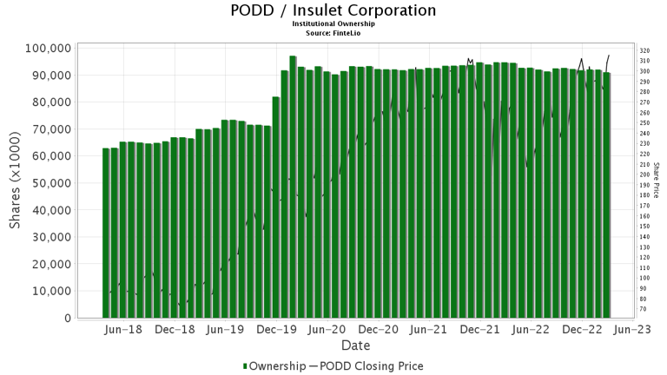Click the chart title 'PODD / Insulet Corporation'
333,10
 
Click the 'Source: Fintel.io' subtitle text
333,32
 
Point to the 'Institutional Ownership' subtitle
333,24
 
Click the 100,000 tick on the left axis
47,48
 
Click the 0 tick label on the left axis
67,319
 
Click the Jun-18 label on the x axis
123,330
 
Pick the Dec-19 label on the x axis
277,330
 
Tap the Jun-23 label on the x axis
634,330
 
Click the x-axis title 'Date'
356,345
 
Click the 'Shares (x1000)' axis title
16,183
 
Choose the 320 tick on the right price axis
645,51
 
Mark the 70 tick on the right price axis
644,309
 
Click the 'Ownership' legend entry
274,366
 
